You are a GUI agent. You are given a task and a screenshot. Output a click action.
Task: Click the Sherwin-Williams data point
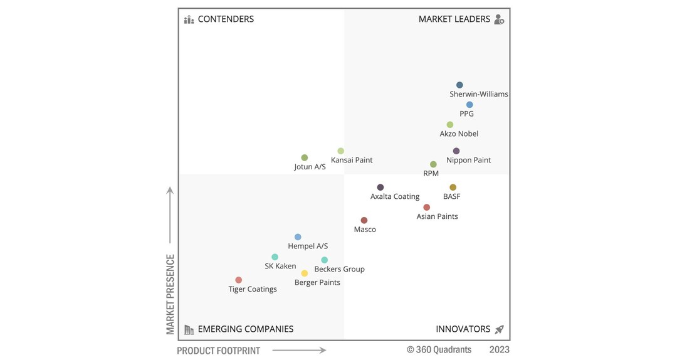tap(459, 85)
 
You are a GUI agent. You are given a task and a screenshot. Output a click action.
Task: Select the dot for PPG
tap(469, 105)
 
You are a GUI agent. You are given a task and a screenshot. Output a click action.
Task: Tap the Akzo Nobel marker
tap(450, 125)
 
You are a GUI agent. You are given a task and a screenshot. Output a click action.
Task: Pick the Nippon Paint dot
tap(456, 151)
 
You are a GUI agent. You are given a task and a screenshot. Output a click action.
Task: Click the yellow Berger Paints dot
tap(305, 273)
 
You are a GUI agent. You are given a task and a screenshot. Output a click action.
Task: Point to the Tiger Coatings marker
tap(239, 280)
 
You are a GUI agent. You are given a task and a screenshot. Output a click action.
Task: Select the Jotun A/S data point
tap(305, 158)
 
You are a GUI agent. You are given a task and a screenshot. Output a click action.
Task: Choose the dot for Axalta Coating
tap(380, 188)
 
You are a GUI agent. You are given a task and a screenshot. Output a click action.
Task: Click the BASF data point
tap(453, 188)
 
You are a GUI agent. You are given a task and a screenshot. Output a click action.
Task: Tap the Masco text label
tap(365, 230)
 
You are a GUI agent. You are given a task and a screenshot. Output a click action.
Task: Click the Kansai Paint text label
tap(352, 160)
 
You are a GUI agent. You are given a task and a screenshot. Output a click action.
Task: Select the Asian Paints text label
tap(437, 216)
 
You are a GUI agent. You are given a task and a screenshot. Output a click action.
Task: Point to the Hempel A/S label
tap(308, 246)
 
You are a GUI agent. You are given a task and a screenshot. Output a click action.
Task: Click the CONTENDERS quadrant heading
tap(226, 19)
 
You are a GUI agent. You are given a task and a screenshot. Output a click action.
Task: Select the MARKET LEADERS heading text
tap(454, 19)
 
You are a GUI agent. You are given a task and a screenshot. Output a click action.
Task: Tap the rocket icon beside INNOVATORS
tap(499, 329)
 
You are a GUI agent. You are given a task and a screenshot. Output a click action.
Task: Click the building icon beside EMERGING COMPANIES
tap(189, 329)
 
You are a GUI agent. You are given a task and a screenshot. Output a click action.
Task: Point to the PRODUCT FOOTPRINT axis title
tap(218, 351)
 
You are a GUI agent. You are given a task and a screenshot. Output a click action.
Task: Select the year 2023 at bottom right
tap(499, 349)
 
